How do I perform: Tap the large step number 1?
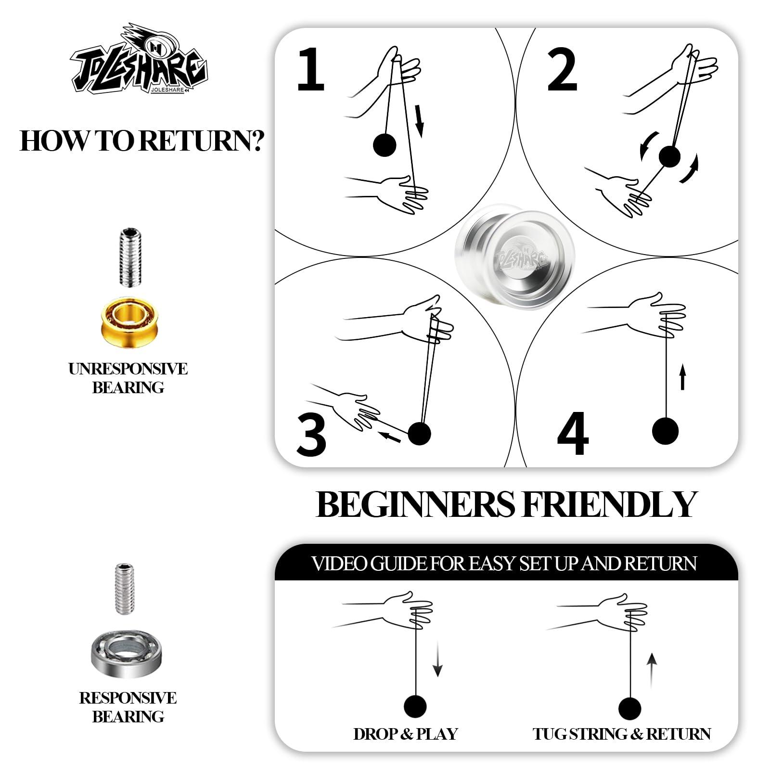tap(310, 69)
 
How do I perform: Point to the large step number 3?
tap(311, 435)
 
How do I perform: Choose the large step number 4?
tap(573, 433)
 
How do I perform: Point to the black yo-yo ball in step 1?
tap(385, 144)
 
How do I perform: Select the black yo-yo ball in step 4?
tap(666, 431)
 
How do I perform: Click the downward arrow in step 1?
tap(419, 121)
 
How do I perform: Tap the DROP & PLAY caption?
tap(405, 734)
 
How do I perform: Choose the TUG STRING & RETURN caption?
tap(621, 734)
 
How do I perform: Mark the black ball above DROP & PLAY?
tap(415, 706)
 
